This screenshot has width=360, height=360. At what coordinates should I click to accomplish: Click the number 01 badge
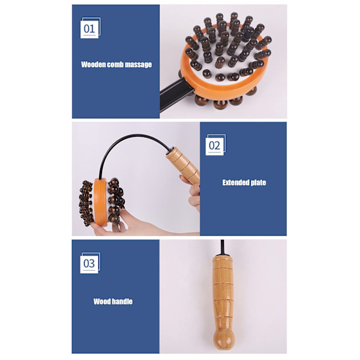90,28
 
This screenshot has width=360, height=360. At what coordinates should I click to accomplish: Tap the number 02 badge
215,145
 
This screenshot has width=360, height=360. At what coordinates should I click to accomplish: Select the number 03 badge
90,263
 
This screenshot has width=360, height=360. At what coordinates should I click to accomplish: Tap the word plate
258,183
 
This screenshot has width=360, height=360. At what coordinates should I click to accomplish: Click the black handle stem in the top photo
175,95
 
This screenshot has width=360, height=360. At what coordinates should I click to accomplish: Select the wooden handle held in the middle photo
183,165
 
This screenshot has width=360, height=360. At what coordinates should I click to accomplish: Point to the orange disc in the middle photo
100,202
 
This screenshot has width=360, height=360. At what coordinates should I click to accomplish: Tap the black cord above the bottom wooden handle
222,247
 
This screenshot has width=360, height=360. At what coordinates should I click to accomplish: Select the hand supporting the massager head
128,224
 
